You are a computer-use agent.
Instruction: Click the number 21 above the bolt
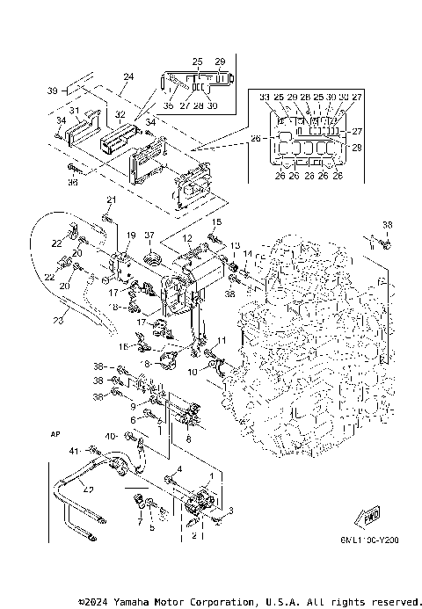112,200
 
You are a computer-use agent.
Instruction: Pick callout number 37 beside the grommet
149,236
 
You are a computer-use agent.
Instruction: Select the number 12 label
186,237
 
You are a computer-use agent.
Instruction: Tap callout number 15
217,222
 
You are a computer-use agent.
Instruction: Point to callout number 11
222,340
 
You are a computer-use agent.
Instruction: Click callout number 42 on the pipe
90,490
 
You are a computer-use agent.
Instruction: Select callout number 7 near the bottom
138,521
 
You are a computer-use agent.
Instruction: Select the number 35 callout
169,105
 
